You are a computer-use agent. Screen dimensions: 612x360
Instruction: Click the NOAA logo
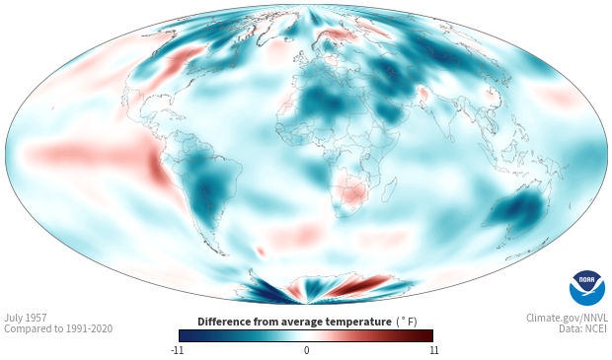(x=587, y=288)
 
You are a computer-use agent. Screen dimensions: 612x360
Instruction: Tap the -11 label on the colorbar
(x=177, y=350)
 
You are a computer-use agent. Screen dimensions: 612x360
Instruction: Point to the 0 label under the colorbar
(x=306, y=350)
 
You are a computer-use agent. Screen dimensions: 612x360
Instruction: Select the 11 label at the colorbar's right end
(x=434, y=350)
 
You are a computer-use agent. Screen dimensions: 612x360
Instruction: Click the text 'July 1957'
(x=26, y=318)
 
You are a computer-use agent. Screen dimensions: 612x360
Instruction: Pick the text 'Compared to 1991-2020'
(x=58, y=328)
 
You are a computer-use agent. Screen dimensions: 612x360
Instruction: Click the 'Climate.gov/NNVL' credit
(x=567, y=318)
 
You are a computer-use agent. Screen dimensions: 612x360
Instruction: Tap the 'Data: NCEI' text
(x=583, y=328)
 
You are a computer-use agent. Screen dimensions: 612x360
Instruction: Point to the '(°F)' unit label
(x=407, y=323)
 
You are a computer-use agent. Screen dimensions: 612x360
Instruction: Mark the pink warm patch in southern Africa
(x=351, y=190)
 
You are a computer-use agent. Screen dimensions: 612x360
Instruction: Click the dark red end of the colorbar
(x=425, y=335)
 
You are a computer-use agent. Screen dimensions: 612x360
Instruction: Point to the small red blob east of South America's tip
(x=261, y=251)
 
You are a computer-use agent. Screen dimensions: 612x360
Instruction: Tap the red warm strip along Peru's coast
(x=159, y=172)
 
